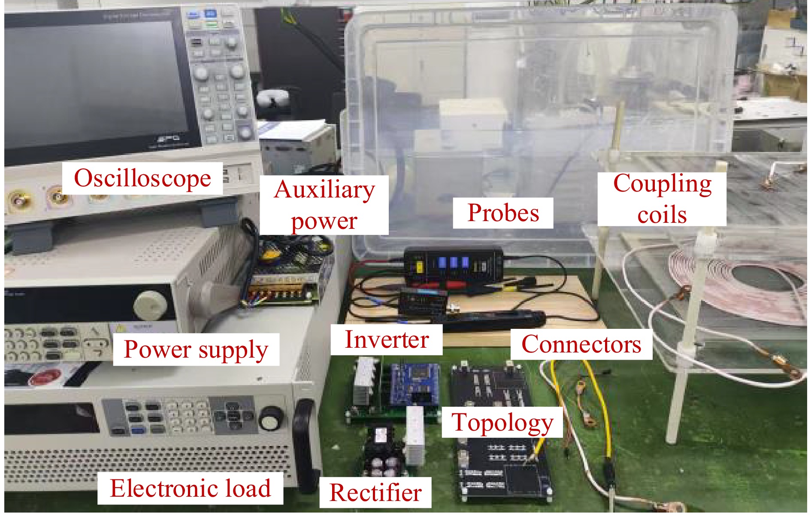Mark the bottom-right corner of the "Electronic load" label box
pyautogui.click(x=283, y=504)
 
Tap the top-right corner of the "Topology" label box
pyautogui.click(x=563, y=407)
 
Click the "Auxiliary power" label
pyautogui.click(x=324, y=205)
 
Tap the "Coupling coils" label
pyautogui.click(x=662, y=199)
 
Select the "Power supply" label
pyautogui.click(x=196, y=349)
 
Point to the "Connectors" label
pyautogui.click(x=581, y=344)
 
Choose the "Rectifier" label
pyautogui.click(x=375, y=492)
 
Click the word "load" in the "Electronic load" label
pyautogui.click(x=248, y=489)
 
